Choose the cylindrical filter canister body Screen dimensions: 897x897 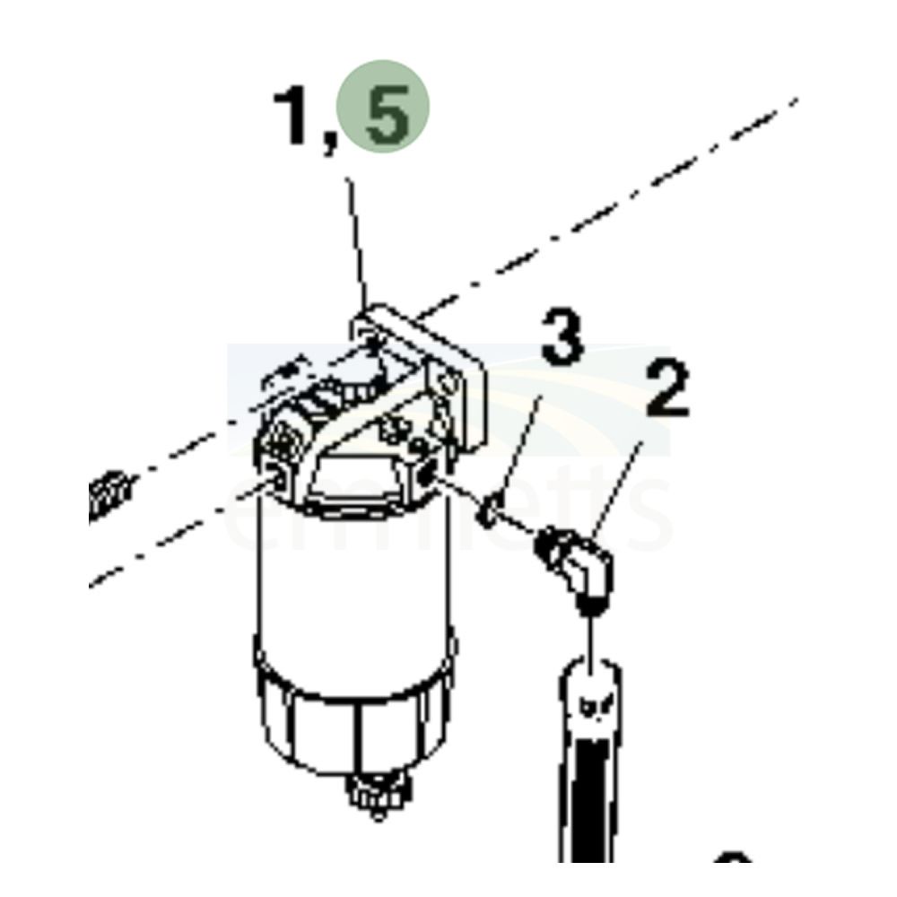(350, 583)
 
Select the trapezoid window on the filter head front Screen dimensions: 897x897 (354, 480)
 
